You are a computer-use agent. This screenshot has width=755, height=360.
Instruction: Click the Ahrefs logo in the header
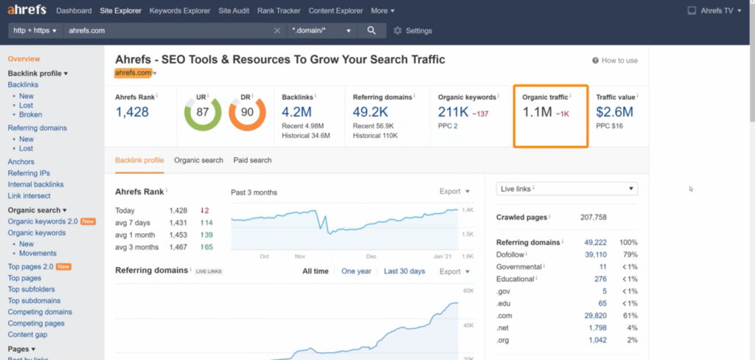(x=27, y=10)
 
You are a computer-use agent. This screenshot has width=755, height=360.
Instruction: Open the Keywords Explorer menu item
(x=180, y=10)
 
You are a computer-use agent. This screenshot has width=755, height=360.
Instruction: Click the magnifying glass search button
(x=372, y=30)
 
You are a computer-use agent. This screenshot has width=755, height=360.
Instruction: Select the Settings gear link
(x=413, y=31)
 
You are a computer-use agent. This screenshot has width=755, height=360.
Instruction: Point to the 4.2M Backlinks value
(x=296, y=112)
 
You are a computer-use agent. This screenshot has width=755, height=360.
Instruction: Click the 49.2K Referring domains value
(x=370, y=112)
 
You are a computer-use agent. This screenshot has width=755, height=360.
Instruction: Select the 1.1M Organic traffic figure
(x=537, y=112)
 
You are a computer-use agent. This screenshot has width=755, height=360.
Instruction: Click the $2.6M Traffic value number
(x=614, y=112)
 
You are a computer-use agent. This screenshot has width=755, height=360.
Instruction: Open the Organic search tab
(x=198, y=160)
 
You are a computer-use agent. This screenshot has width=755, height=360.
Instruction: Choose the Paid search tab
(x=252, y=160)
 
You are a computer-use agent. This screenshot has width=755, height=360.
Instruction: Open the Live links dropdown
(x=567, y=188)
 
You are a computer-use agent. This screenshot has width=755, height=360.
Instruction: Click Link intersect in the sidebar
(x=29, y=195)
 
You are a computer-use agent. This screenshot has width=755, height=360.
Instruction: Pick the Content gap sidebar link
(x=27, y=334)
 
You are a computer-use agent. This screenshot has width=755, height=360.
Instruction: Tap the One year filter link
(x=356, y=271)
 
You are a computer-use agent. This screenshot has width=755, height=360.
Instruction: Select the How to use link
(x=615, y=60)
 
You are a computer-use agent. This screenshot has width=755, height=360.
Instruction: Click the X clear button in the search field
(x=277, y=30)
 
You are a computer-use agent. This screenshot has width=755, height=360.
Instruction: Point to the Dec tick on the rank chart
(x=372, y=257)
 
